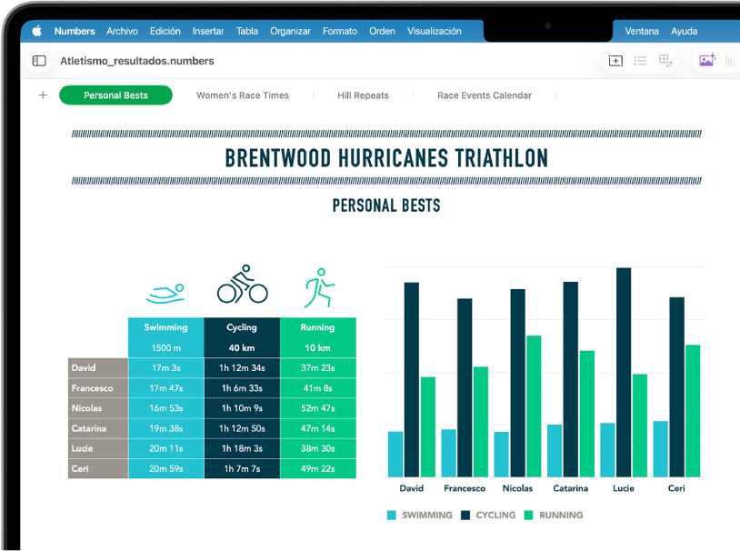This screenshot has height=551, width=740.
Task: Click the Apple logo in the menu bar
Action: [x=37, y=31]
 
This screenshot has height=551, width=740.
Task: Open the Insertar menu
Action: [x=208, y=31]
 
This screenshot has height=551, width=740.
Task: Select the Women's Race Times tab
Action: [x=243, y=95]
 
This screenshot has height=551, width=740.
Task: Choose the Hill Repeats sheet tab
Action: [x=363, y=95]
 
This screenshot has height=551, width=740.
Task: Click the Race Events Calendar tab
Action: [x=485, y=95]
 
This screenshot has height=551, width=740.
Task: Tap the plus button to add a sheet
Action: [x=43, y=95]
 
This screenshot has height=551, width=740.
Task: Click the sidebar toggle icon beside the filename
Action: [x=39, y=61]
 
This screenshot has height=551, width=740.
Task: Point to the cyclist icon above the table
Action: [x=242, y=285]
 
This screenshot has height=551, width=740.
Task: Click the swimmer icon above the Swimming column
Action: [x=165, y=293]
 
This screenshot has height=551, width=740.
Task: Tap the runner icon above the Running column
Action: [x=317, y=287]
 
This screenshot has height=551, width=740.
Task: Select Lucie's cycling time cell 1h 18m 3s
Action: [x=242, y=448]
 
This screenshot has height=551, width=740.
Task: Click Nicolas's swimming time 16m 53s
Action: [x=165, y=408]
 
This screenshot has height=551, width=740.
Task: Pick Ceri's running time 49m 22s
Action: [x=317, y=468]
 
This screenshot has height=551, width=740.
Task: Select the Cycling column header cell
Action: [x=242, y=327]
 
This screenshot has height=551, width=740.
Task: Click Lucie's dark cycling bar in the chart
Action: [x=624, y=372]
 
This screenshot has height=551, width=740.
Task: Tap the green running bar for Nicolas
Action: [x=534, y=406]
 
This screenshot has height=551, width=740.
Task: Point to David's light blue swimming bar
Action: [x=395, y=454]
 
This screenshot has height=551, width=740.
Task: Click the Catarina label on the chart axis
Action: [x=571, y=488]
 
